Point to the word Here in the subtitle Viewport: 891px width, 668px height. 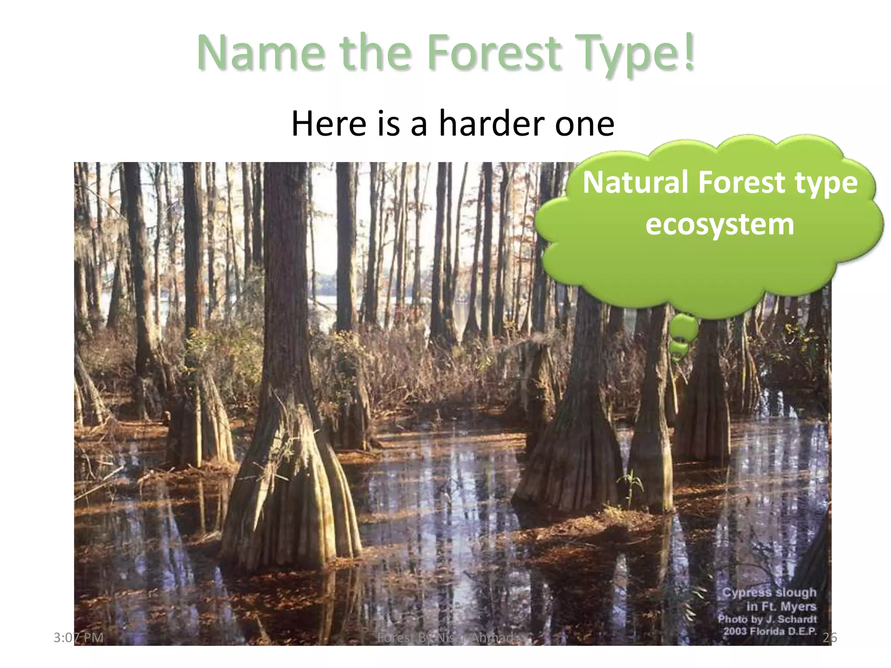coord(328,124)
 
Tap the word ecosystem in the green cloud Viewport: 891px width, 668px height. coord(720,224)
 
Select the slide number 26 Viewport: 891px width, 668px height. coord(830,638)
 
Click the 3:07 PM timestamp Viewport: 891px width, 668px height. coord(78,638)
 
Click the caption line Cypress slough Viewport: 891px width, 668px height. coord(769,592)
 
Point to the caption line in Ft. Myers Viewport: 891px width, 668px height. coord(781,606)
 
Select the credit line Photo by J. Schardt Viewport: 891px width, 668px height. coord(767,619)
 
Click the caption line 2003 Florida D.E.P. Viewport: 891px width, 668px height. coord(770,631)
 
